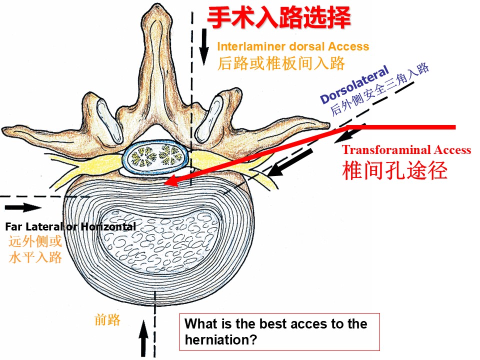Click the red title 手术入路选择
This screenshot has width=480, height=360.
279,18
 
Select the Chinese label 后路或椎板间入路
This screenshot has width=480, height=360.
281,63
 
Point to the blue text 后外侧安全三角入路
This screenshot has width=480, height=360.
379,89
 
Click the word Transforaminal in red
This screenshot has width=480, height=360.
386,149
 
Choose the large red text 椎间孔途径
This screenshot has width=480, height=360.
395,170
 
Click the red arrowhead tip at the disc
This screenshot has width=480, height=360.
164,183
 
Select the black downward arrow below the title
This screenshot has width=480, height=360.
203,47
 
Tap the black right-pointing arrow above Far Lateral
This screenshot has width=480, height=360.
23,207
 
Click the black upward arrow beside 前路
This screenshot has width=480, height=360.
143,338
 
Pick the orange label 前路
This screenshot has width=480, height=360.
107,320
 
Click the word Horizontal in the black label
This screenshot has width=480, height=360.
108,226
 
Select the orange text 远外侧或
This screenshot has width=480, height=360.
35,241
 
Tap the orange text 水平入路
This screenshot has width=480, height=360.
35,257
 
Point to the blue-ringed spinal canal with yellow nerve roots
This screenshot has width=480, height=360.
155,156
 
